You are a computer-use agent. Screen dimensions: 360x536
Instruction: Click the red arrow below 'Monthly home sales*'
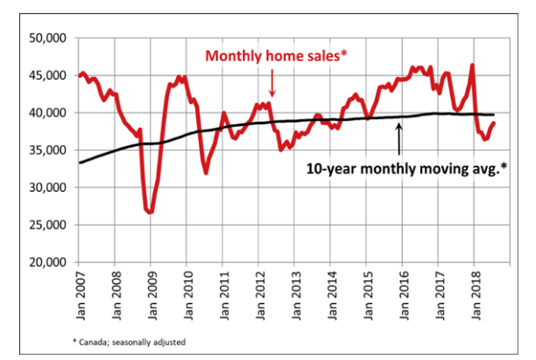tap(272, 83)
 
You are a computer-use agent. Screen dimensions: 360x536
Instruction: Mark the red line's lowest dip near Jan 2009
tap(151, 212)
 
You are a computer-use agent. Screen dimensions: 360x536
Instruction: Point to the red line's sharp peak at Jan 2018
tap(472, 65)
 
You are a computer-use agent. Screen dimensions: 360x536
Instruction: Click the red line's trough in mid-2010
tap(206, 173)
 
